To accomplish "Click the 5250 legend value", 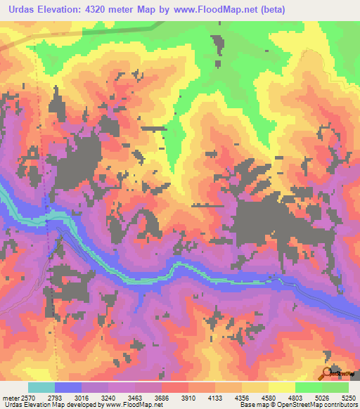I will click(x=349, y=396).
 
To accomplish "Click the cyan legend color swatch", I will click(x=41, y=387).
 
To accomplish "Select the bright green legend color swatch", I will click(x=309, y=387).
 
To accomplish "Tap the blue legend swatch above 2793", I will click(x=67, y=387).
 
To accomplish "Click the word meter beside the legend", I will click(x=11, y=396).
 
